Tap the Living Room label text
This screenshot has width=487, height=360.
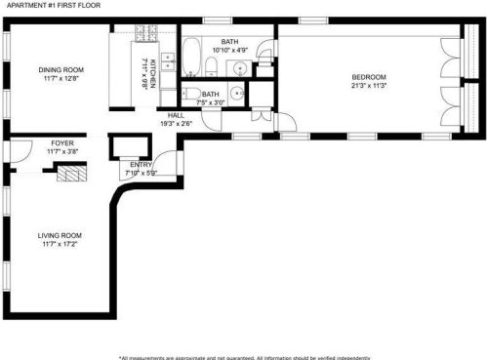[x=60, y=235]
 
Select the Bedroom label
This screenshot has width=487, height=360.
[x=369, y=77]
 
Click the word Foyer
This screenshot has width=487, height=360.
[x=61, y=143]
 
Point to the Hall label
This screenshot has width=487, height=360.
[x=175, y=114]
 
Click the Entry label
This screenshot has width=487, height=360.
[x=141, y=165]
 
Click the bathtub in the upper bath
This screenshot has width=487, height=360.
[x=191, y=59]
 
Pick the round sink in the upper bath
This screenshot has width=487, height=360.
[x=238, y=67]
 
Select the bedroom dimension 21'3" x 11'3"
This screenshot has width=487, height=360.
[x=369, y=86]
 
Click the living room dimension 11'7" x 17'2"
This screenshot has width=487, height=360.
[x=60, y=244]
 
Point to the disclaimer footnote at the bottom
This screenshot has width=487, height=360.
[x=243, y=356]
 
